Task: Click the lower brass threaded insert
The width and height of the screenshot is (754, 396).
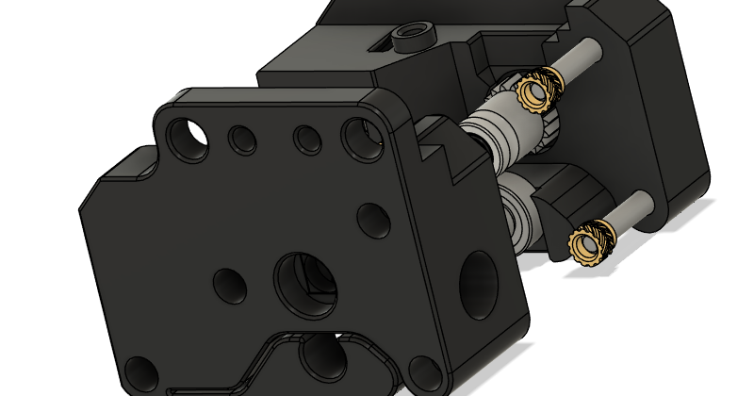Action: pos(591,244)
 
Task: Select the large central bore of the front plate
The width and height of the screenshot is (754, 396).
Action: pos(304,281)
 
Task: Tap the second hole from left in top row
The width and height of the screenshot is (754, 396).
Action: pos(244,140)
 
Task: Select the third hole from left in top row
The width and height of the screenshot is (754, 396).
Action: pos(306,140)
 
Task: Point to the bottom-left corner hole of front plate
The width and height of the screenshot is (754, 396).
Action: pos(140,374)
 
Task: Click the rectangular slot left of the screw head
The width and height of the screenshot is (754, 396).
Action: pos(380,43)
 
